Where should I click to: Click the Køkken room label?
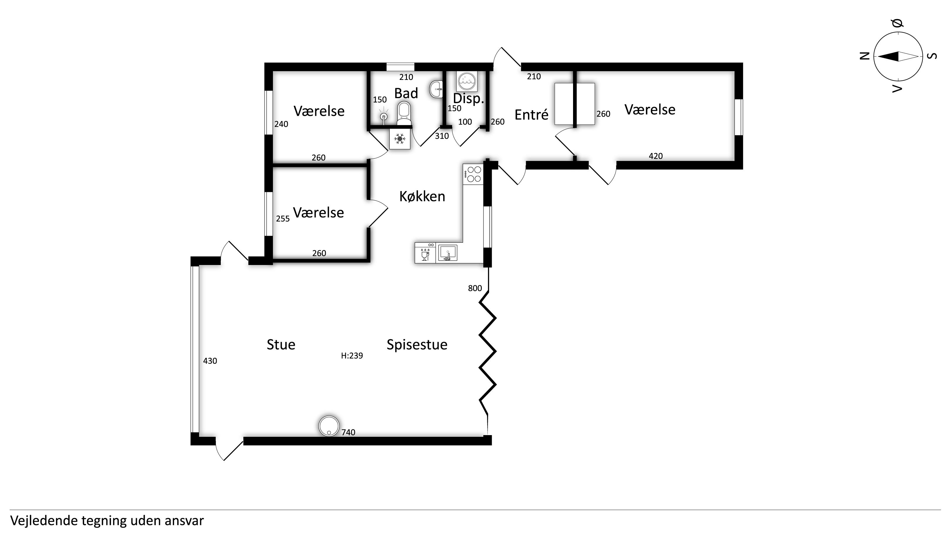(422, 196)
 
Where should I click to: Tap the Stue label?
(281, 345)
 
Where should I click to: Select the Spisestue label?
(417, 345)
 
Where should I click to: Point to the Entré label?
(531, 115)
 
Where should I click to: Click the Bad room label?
(406, 93)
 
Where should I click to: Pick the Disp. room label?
(468, 98)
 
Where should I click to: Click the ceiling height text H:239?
(352, 356)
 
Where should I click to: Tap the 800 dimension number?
(475, 289)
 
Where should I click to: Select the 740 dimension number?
(348, 432)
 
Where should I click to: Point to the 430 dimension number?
(210, 361)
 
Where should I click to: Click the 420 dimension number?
(656, 156)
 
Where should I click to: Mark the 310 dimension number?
(442, 136)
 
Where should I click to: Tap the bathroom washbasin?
(436, 89)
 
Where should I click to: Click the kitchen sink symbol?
(448, 253)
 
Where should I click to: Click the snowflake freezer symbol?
(400, 139)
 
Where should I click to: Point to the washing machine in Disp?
(467, 81)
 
